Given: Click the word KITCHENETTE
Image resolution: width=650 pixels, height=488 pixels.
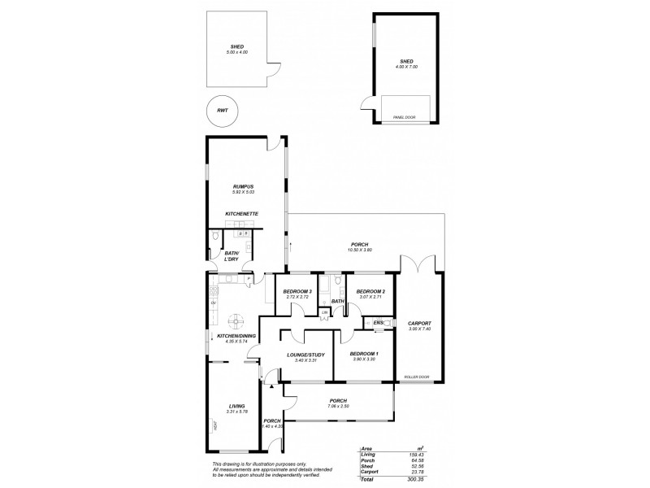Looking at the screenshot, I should coord(241,214).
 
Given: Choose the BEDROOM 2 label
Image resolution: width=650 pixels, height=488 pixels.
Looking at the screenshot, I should coord(370,291).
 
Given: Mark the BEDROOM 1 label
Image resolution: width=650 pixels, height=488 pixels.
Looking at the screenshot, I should coord(362,354).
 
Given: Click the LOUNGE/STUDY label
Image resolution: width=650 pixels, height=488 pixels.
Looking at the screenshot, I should coord(306,354).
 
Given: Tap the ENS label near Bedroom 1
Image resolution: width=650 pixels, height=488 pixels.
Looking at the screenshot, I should coord(379,323).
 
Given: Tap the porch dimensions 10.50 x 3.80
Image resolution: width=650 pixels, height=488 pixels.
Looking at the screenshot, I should coord(359,251).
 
